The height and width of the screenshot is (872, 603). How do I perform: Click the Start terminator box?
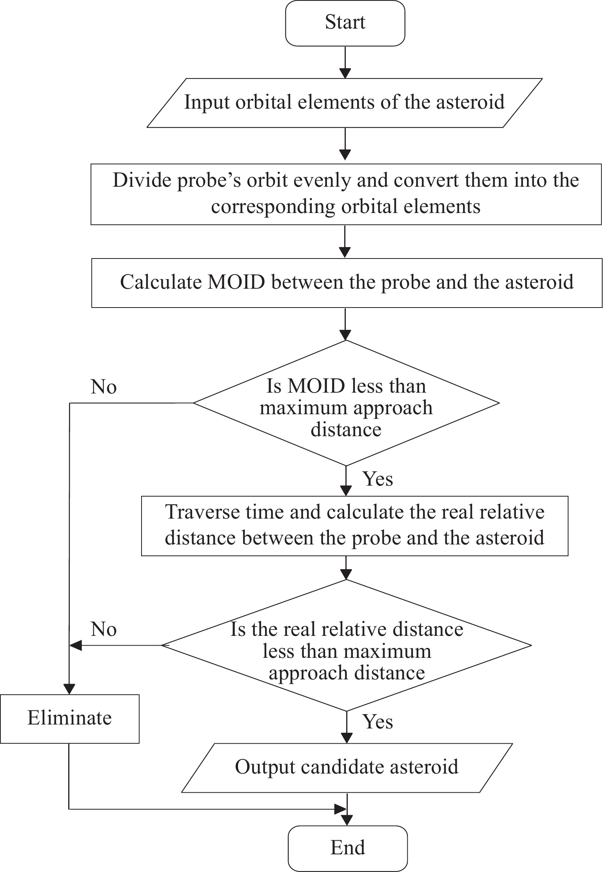click(345, 23)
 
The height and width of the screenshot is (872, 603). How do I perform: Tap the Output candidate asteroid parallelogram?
click(347, 767)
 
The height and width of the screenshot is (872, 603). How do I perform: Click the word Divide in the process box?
click(138, 180)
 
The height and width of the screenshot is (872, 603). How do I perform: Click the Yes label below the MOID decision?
click(378, 479)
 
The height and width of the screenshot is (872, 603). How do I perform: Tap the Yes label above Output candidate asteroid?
click(378, 721)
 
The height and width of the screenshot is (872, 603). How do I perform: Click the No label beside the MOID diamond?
click(104, 387)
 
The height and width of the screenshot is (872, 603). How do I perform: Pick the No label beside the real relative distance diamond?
click(104, 629)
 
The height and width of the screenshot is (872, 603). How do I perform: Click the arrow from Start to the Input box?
click(345, 62)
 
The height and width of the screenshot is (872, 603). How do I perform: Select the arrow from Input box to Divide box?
click(345, 144)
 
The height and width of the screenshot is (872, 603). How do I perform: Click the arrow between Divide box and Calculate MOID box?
click(345, 241)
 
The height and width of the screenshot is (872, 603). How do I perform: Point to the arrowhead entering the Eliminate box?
click(69, 689)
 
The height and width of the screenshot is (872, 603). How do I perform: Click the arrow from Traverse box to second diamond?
click(346, 568)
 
